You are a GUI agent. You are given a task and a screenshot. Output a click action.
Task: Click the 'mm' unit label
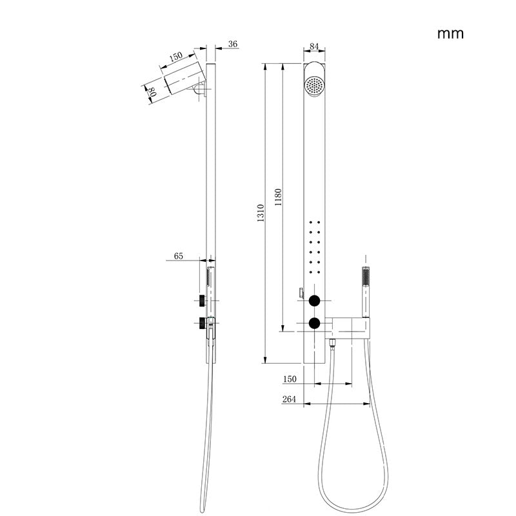(451, 34)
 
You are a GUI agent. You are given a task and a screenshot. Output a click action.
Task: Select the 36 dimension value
(233, 44)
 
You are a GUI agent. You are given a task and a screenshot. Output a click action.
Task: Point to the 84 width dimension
(315, 46)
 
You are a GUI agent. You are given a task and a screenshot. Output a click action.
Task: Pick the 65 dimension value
(179, 256)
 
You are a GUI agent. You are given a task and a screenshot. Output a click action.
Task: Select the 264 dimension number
(289, 399)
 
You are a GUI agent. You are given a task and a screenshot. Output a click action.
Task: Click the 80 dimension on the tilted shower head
(153, 92)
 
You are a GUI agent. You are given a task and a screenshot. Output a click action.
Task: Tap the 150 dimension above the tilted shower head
(175, 57)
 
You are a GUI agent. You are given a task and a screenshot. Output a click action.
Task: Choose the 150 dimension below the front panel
(289, 379)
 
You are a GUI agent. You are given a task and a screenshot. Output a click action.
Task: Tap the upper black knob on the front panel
(315, 301)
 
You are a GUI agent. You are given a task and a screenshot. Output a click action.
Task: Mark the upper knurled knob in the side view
(202, 300)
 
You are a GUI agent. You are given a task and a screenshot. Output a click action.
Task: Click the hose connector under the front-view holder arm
(333, 342)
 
